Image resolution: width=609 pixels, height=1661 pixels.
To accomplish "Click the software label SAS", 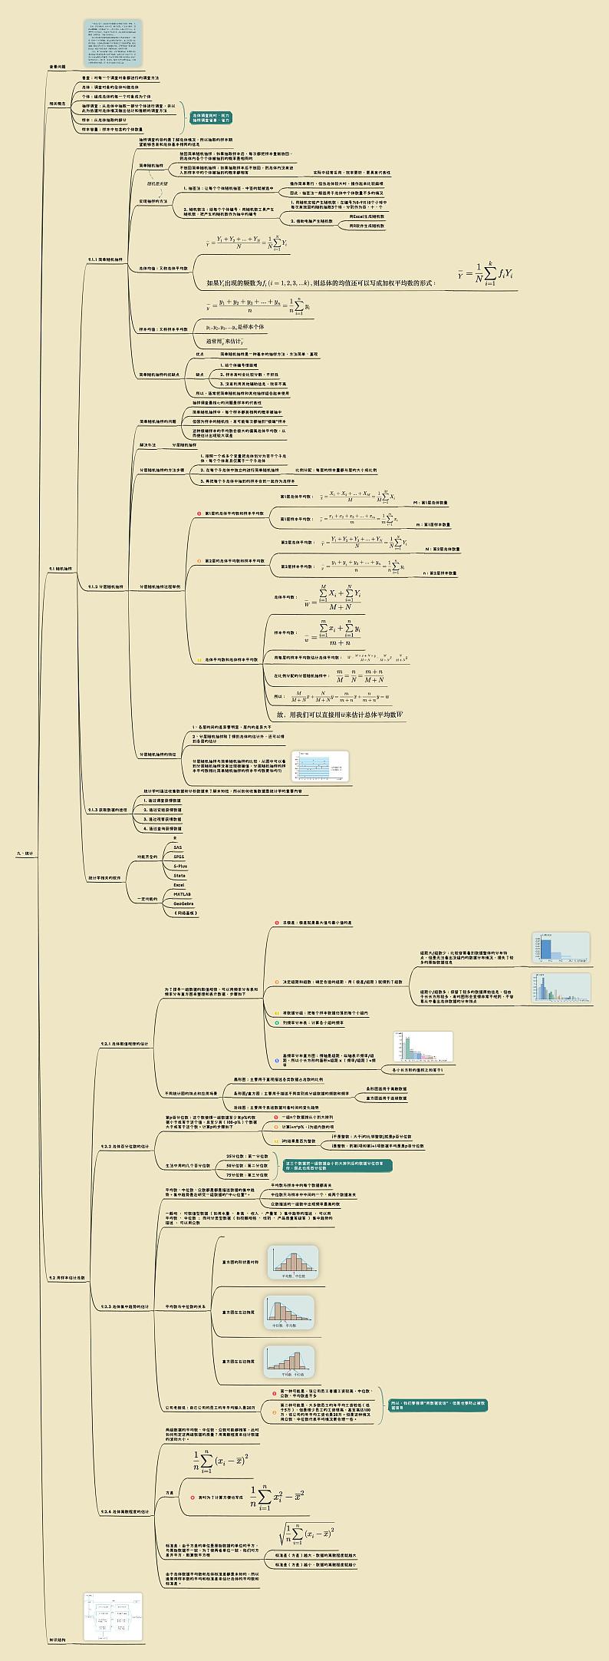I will [x=178, y=847].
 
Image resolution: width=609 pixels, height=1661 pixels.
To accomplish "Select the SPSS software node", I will [x=179, y=857].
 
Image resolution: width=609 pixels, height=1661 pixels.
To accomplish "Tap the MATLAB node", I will [x=182, y=894].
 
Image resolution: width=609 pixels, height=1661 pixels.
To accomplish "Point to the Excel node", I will [x=179, y=885].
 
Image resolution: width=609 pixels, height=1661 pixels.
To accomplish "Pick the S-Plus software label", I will [x=180, y=866].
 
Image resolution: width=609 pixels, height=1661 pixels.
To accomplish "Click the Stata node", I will [x=179, y=875].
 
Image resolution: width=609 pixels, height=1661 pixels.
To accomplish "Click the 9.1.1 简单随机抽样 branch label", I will [x=105, y=259].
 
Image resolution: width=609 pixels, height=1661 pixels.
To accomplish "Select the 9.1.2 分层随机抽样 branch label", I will [x=105, y=586].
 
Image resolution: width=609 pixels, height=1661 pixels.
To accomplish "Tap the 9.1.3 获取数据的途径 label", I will [x=107, y=810].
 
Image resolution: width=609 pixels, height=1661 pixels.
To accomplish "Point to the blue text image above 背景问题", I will [x=113, y=43].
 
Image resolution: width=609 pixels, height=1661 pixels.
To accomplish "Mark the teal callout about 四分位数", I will [x=337, y=1165].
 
